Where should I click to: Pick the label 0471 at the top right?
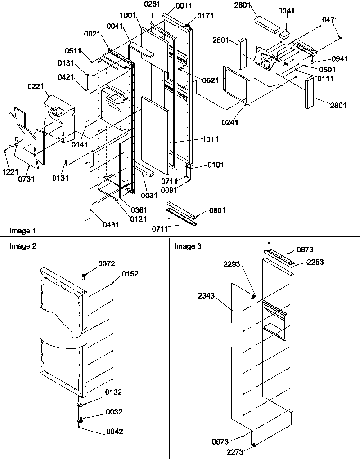[x=330, y=20]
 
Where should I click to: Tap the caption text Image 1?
[x=22, y=231]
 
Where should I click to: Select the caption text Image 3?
[x=188, y=246]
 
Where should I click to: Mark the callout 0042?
[x=114, y=432]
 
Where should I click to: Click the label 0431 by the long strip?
[x=111, y=224]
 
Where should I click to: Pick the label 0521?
[x=211, y=81]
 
